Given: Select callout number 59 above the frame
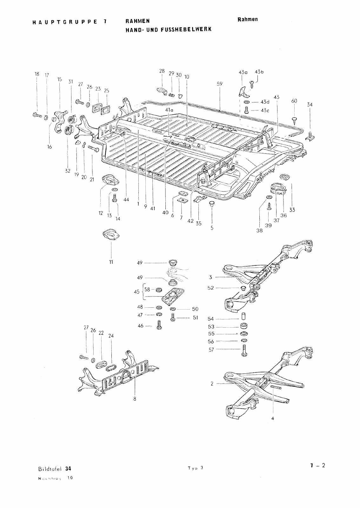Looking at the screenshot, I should (220, 84).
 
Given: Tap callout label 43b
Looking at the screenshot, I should (259, 72).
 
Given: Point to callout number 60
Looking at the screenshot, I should (294, 101).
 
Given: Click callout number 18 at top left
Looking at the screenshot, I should (37, 74).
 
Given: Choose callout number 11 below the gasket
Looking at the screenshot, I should (111, 262).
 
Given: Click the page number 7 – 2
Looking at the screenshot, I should (318, 466).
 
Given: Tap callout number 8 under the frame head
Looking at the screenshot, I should (135, 399).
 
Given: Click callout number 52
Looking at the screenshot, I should (211, 288).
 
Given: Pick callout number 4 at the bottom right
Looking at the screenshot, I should (273, 418).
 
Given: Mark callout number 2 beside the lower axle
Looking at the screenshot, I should (212, 384).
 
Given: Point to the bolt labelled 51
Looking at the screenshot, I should (173, 317).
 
